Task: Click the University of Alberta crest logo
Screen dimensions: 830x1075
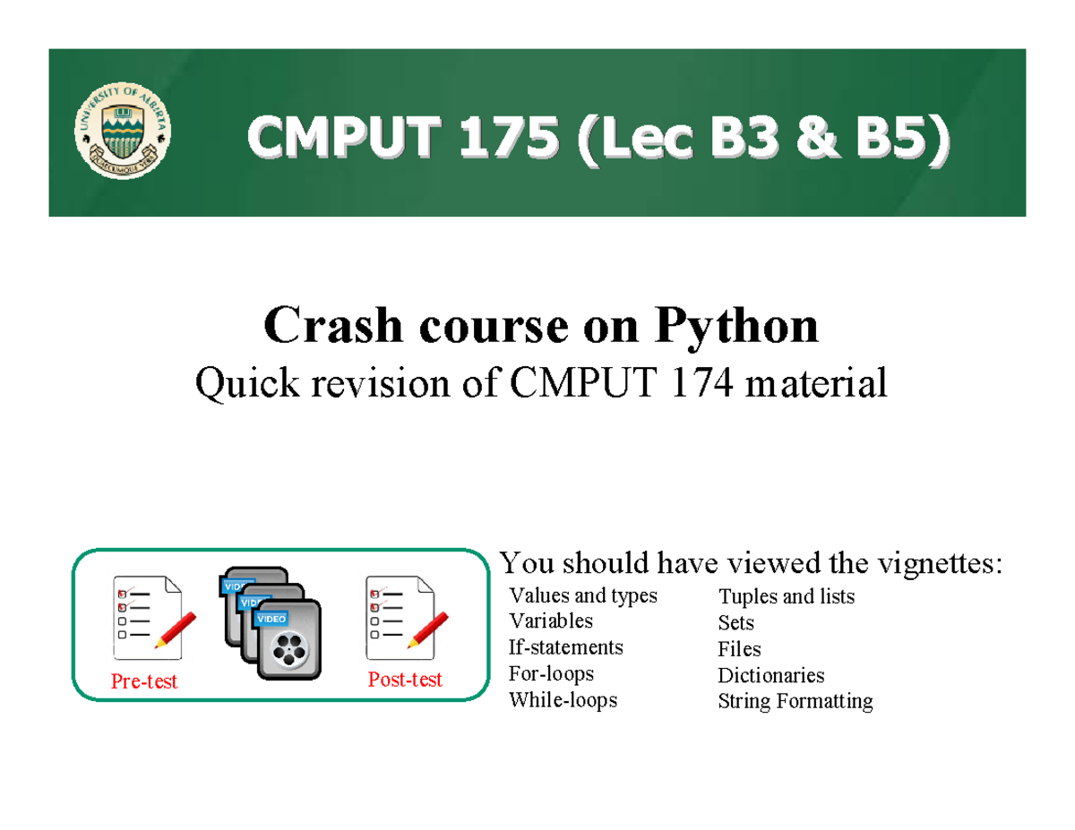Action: (124, 133)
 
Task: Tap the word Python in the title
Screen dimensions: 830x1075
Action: (736, 326)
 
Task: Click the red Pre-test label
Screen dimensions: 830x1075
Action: (143, 682)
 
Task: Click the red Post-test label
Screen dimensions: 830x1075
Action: (405, 680)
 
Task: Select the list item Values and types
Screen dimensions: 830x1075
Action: (582, 596)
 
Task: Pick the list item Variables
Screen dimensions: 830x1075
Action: (550, 621)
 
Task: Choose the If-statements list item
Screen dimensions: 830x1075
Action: (565, 647)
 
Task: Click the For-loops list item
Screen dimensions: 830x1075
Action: (551, 673)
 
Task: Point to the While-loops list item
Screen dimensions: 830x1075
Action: (563, 699)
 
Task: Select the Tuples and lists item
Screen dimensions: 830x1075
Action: (786, 597)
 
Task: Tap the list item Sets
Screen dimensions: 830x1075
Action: (735, 623)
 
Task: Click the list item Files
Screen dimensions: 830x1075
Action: (739, 649)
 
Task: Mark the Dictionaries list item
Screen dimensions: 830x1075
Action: (770, 675)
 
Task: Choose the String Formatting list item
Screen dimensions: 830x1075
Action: (795, 701)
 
